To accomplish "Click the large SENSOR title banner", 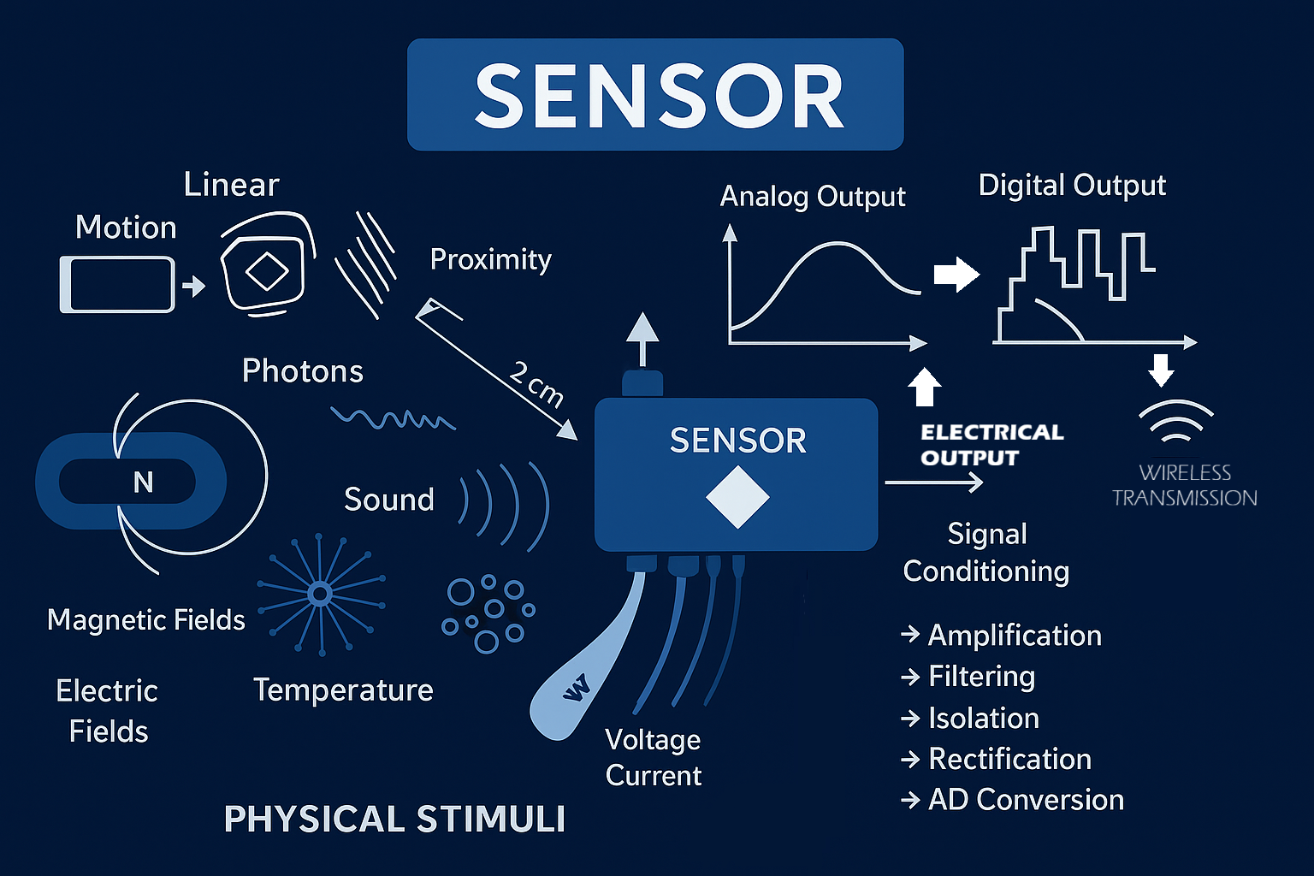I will coord(655,95).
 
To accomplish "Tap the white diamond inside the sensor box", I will coord(737,495).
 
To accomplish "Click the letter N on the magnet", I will coord(143,482).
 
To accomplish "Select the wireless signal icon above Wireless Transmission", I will coord(1176,422).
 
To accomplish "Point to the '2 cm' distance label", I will coord(536,384).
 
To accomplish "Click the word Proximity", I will coord(490,259).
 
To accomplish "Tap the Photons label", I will coord(303,371).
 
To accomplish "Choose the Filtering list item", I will coord(981,677).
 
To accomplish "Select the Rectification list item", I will coord(1009,759).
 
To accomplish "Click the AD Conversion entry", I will coord(1026,800).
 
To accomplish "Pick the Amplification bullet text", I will coord(1015,636).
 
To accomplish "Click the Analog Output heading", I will coord(812,197).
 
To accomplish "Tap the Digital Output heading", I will coord(1072,186).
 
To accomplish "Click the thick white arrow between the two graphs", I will coord(956,275).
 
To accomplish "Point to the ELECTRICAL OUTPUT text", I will coord(991,445).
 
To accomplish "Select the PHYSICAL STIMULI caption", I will coord(394,819).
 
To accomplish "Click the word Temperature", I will coord(343,690).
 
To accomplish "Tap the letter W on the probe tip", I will coord(577,688).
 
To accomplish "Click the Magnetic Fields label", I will coord(146,619).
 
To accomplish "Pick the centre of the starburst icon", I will coord(320,594).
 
